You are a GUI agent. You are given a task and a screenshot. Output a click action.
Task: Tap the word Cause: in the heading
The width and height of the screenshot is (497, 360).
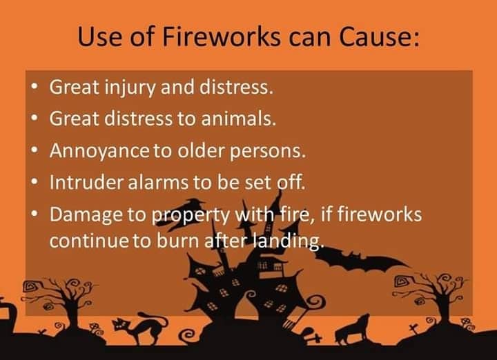(379, 37)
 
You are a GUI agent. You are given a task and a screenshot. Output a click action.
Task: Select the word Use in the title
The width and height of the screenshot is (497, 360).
(99, 37)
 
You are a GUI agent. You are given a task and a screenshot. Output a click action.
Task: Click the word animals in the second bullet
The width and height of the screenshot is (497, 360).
(238, 118)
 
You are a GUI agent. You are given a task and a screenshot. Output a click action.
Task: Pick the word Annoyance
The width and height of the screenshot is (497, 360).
(99, 151)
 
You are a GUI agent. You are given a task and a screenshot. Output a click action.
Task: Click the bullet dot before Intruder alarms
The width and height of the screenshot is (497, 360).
(35, 182)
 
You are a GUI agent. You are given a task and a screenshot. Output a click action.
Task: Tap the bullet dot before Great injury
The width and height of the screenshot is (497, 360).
(35, 86)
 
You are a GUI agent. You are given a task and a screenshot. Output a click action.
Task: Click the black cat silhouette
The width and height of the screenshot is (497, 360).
(139, 328)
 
